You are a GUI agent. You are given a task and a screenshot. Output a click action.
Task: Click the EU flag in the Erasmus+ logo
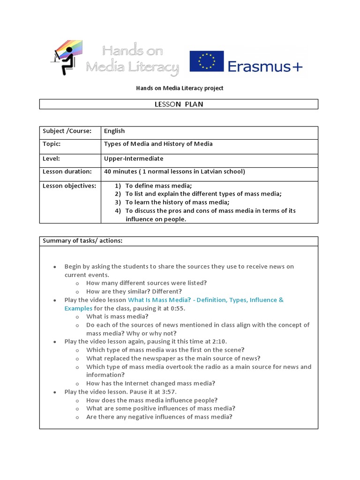pos(207,61)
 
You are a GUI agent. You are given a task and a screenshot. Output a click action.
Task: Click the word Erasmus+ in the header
pos(265,67)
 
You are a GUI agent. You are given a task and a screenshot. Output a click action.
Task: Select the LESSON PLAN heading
pos(179,104)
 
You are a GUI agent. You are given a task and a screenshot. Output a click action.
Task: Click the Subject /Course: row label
pos(67,131)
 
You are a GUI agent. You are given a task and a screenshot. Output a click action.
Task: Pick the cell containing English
pos(114,131)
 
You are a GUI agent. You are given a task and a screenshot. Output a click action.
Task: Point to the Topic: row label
pos(52,144)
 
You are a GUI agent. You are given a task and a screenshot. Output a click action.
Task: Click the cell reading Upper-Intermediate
pos(134,159)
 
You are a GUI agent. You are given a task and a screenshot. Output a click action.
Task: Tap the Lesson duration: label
pos(67,172)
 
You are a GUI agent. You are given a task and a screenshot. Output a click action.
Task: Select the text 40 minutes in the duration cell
pos(121,172)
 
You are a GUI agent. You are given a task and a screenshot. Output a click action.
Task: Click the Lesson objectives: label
pos(69,186)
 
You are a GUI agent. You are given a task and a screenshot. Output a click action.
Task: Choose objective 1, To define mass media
pos(158,186)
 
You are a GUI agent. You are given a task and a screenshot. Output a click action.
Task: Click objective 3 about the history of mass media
pos(177,202)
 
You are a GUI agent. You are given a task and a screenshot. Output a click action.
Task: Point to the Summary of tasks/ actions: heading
pos(82,241)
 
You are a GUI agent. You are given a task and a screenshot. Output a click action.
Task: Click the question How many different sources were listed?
pos(146,283)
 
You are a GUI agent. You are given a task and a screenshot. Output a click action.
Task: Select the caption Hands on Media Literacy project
pos(180,88)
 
